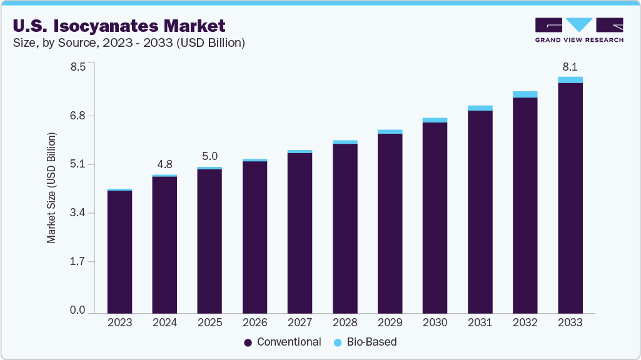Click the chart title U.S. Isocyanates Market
(x=118, y=26)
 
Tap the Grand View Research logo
(x=579, y=29)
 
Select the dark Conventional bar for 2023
(x=119, y=251)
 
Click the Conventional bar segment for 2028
(x=345, y=228)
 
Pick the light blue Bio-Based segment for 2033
(x=570, y=80)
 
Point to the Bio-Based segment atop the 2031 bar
(x=480, y=108)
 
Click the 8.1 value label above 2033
(x=570, y=66)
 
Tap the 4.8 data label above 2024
(x=164, y=164)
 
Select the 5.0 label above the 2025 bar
(x=209, y=156)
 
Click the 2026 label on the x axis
(x=255, y=323)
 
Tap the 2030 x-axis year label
(x=435, y=323)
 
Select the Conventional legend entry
(x=283, y=342)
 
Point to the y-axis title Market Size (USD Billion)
(x=52, y=188)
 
